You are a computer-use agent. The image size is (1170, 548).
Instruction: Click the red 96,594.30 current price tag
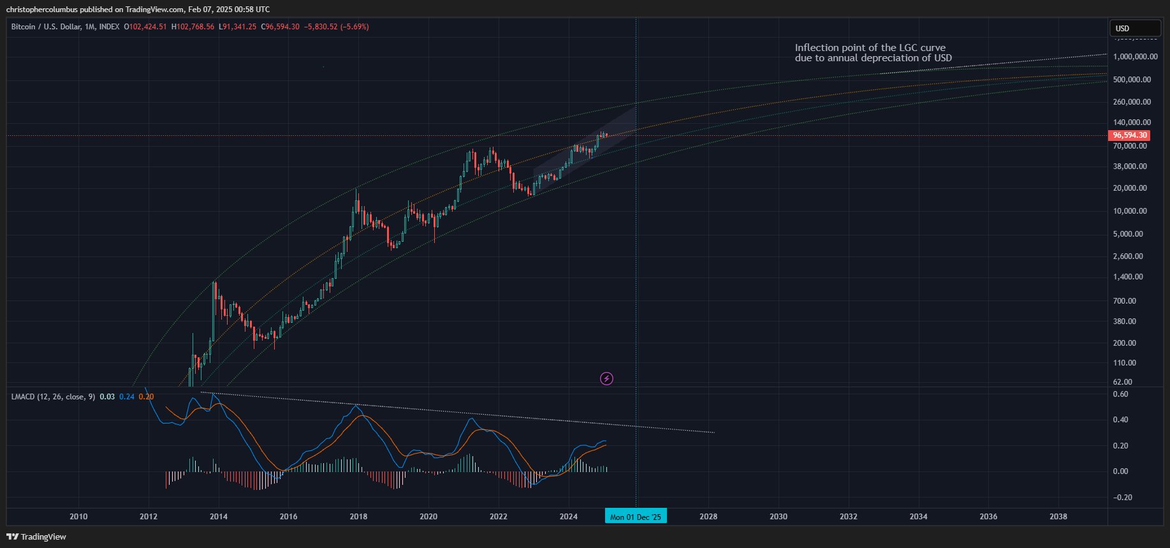pos(1130,135)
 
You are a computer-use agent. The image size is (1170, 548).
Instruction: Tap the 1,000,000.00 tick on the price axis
pos(1135,57)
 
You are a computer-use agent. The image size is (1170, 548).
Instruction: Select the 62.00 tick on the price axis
pos(1122,382)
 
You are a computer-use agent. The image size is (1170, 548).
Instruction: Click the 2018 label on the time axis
pos(358,517)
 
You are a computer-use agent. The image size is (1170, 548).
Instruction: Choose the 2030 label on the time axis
pos(778,517)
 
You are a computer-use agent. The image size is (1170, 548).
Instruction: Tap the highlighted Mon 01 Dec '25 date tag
pos(636,517)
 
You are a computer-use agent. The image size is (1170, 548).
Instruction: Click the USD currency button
pos(1135,29)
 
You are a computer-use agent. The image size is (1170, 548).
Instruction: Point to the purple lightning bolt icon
pos(607,379)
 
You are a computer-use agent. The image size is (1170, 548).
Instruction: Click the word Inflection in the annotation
pos(815,48)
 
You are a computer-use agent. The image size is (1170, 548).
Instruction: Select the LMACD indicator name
pos(23,397)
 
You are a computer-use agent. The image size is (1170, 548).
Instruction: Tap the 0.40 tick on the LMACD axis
pos(1120,420)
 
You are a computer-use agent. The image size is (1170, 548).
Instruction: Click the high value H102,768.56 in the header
pos(193,27)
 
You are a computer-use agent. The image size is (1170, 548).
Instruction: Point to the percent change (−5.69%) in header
pos(355,27)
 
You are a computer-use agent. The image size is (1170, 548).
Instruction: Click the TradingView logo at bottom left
pos(36,537)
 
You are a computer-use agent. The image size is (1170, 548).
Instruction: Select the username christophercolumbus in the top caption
pos(41,10)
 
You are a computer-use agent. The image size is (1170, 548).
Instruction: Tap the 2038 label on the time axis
pos(1058,517)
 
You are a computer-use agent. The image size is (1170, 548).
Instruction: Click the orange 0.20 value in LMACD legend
pos(146,397)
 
